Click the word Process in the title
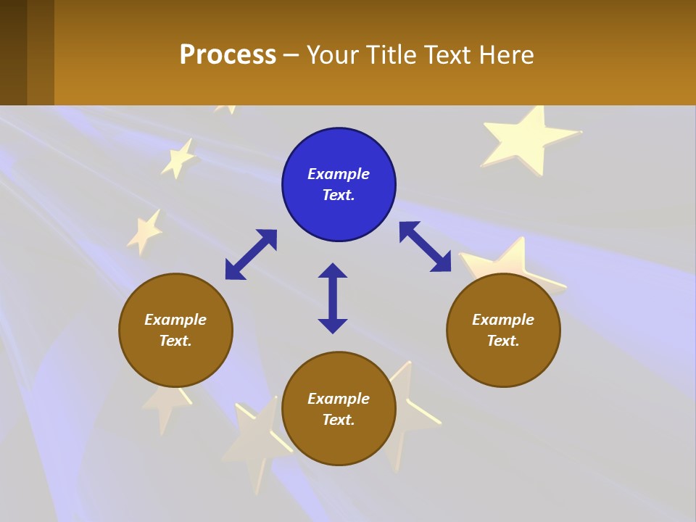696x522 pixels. tap(228, 54)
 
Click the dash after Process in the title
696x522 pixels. tap(291, 56)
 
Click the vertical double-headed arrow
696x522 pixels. tap(333, 298)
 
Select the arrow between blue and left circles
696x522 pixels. tap(251, 254)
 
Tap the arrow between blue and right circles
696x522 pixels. tap(425, 246)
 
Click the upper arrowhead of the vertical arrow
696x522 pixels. tap(333, 270)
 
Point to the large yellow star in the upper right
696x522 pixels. tap(527, 138)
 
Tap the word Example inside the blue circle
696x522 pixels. tap(339, 174)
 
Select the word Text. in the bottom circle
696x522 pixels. tap(339, 420)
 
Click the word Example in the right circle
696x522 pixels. tap(503, 320)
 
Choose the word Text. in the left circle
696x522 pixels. tap(175, 341)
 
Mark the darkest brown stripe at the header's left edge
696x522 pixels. tap(13, 52)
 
